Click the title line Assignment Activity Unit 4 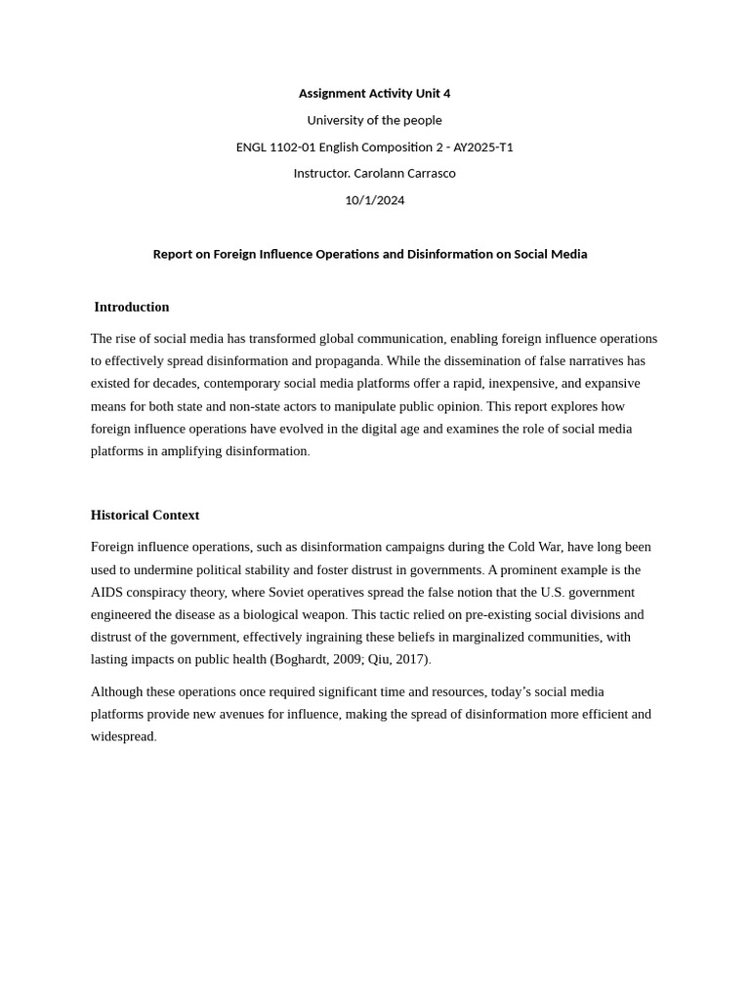pos(374,94)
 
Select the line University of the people pos(374,120)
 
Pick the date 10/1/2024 pos(374,200)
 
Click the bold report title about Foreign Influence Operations pos(370,254)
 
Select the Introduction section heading pos(132,307)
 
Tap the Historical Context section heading pos(145,515)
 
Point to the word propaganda pos(348,361)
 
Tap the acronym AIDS pos(107,592)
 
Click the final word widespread pos(122,736)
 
